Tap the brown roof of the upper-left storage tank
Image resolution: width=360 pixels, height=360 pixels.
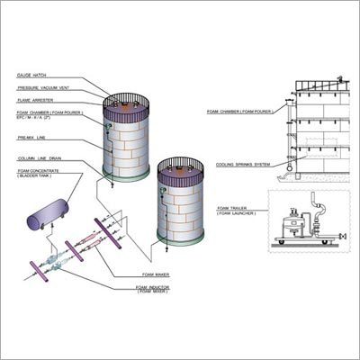pos(127,103)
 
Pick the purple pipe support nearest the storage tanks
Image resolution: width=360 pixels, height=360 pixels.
pos(117,226)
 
